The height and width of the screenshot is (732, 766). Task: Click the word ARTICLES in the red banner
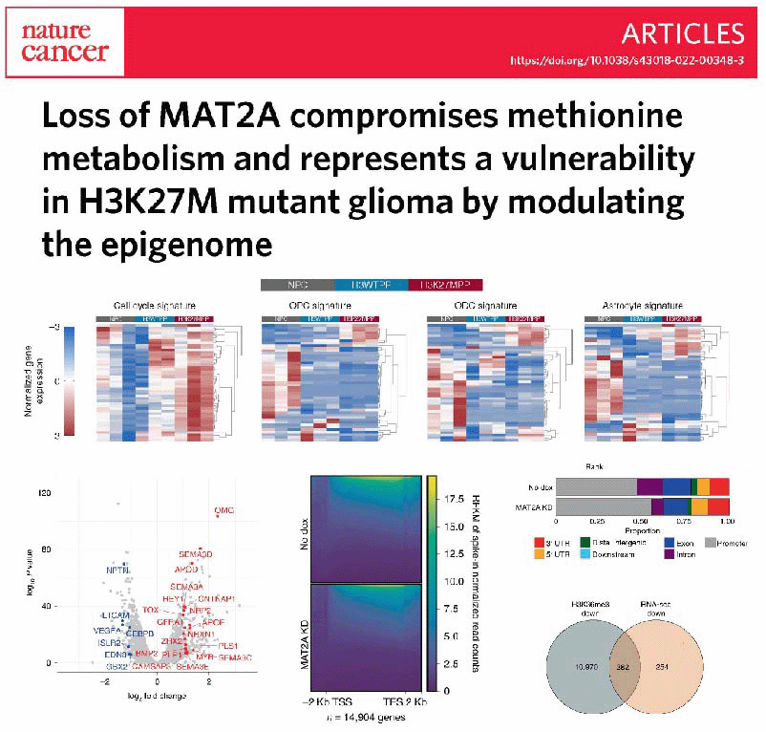pos(682,33)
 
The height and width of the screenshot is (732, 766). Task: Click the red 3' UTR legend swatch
pos(562,543)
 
